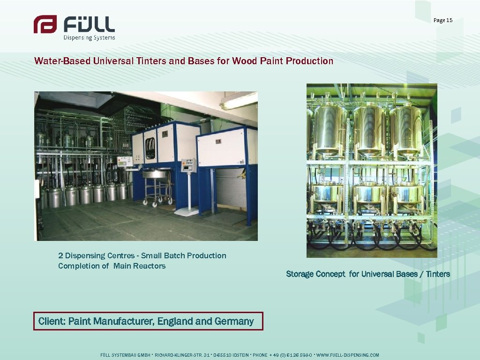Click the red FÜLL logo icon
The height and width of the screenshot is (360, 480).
[x=45, y=24]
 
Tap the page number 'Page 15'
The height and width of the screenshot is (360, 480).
[x=443, y=20]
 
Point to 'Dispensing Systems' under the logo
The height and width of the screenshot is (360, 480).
[x=89, y=37]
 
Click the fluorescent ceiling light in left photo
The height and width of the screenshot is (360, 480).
[x=239, y=100]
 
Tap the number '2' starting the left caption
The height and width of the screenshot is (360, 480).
[x=60, y=256]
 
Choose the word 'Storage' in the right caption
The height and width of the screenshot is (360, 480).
[x=300, y=274]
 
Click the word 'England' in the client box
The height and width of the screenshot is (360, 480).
[x=175, y=322]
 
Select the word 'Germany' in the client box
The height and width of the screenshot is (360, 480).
[x=234, y=322]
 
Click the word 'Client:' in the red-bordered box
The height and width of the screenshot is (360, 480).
[x=52, y=322]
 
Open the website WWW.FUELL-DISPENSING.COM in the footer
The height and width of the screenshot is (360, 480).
[x=348, y=355]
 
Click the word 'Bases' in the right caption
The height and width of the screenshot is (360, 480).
[x=407, y=274]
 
